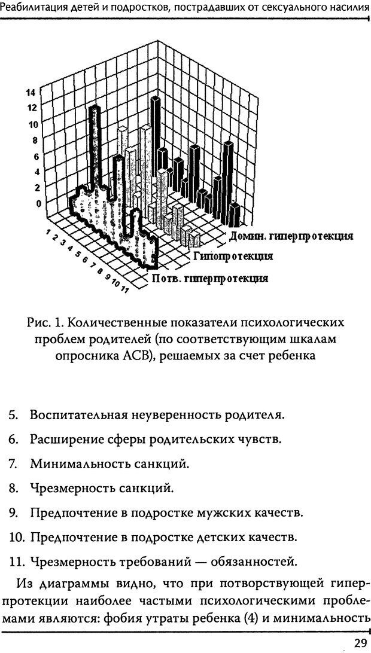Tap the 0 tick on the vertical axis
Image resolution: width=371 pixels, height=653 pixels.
(x=24, y=203)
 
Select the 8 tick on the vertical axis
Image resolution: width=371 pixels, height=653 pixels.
(x=27, y=141)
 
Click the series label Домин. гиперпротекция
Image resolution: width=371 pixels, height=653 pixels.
(x=291, y=236)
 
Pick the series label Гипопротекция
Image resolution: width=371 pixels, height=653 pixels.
(x=233, y=257)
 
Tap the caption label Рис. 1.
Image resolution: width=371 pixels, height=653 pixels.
(x=45, y=322)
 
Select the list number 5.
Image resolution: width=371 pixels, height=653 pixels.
(x=13, y=414)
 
